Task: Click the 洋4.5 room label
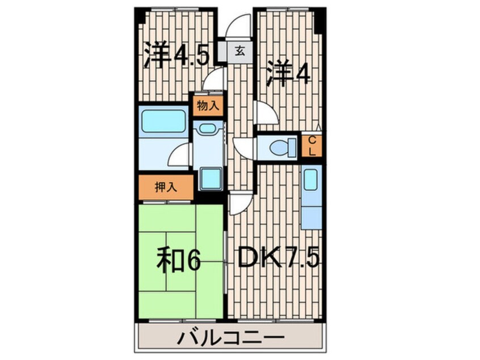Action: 176,55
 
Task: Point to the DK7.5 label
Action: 278,259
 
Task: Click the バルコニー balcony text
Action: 231,339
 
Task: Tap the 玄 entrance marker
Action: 239,52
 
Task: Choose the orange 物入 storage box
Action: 208,106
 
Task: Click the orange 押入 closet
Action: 165,187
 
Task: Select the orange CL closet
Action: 312,146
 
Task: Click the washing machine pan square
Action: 210,180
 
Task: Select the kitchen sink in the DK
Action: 311,180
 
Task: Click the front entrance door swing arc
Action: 238,26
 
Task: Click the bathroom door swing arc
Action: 179,154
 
